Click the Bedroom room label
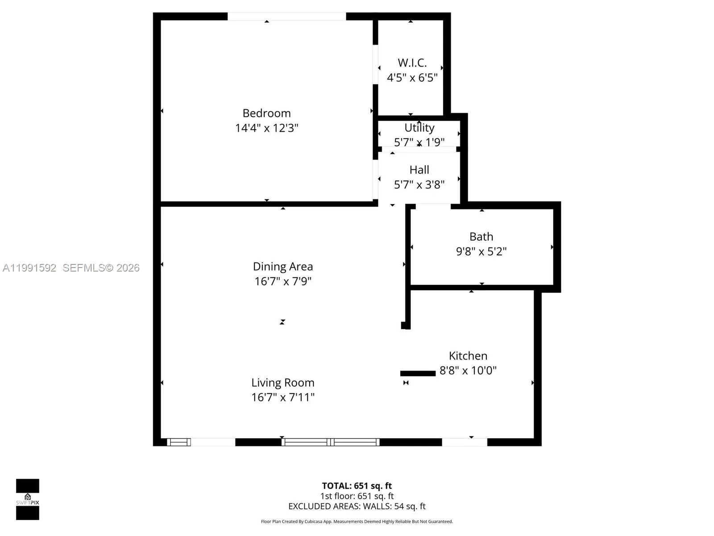point(266,113)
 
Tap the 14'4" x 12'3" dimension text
point(266,128)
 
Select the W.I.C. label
point(412,63)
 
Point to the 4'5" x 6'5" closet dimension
point(412,78)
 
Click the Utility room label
point(419,128)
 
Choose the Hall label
point(419,170)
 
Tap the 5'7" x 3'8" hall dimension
point(419,184)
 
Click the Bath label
point(481,236)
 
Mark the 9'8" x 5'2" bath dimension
point(481,251)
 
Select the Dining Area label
point(282,267)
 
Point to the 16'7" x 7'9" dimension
point(282,281)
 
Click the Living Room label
point(282,383)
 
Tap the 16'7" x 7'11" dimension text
point(282,398)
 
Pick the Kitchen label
point(468,356)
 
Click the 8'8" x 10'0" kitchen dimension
point(468,370)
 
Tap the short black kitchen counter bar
point(418,373)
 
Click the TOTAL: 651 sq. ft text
point(357,486)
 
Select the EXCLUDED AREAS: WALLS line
point(357,506)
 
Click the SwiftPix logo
point(28,499)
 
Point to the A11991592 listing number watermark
point(29,268)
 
